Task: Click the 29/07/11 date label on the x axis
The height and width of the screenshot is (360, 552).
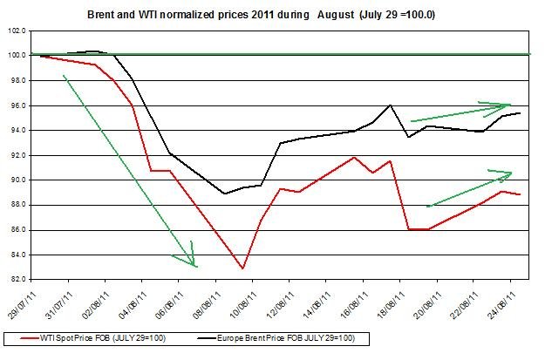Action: (x=31, y=302)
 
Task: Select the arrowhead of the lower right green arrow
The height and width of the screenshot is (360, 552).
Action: (x=511, y=173)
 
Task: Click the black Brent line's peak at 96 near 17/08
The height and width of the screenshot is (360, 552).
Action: (x=390, y=105)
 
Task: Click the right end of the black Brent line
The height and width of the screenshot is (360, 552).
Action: (x=521, y=113)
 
